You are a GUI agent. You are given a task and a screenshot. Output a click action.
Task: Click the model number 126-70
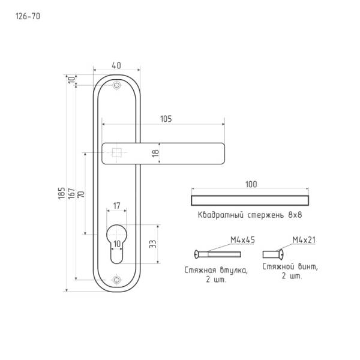28,16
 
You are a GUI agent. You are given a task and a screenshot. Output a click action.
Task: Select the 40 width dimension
116,65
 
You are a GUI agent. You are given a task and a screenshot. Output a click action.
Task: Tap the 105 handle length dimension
166,119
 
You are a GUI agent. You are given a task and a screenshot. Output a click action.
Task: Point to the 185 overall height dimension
61,193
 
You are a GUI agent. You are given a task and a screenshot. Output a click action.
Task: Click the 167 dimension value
71,193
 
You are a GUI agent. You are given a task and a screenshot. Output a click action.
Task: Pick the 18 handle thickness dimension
155,153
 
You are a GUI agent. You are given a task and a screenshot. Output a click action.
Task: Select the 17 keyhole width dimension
116,206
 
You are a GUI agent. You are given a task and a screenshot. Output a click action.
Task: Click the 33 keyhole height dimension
152,244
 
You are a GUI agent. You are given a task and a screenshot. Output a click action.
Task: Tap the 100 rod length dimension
251,184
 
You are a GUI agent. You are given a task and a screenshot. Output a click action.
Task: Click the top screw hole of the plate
116,85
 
